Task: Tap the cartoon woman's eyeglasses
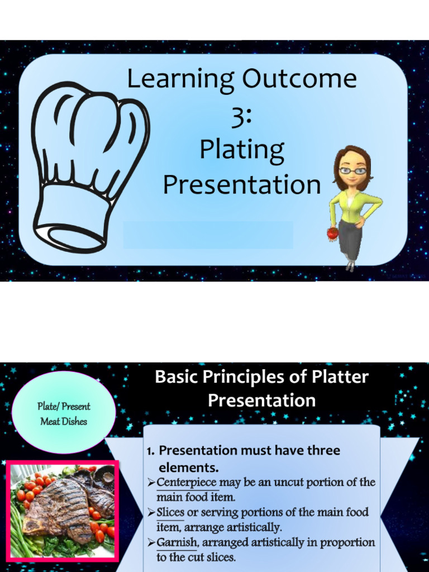tap(352, 171)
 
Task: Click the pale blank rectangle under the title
tap(208, 235)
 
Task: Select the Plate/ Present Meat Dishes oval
tap(64, 414)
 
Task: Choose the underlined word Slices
tap(170, 512)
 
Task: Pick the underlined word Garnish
tap(177, 542)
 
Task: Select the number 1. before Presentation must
tap(150, 451)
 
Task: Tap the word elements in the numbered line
tap(189, 467)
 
